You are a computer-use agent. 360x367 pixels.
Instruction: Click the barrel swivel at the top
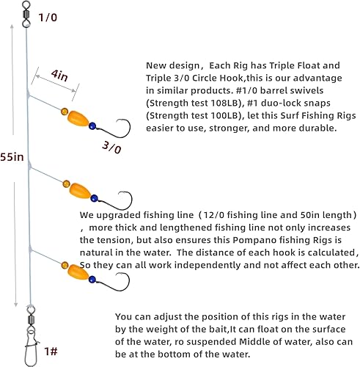(25, 13)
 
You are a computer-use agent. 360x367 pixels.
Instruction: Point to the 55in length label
(12, 157)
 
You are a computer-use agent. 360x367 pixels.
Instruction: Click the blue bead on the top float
(92, 126)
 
